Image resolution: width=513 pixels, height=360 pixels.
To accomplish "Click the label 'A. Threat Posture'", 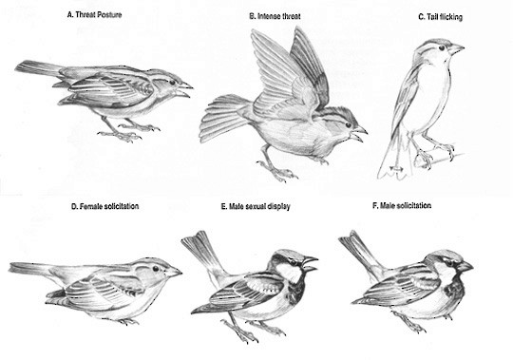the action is [x=94, y=14].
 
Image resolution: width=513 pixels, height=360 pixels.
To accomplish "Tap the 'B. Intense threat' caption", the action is [x=275, y=16].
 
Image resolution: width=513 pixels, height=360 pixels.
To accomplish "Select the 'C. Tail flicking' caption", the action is [x=441, y=17].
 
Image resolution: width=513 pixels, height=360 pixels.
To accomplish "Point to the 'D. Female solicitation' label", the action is [x=105, y=206].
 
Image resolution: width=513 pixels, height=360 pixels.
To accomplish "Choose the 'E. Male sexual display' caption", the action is [x=256, y=206].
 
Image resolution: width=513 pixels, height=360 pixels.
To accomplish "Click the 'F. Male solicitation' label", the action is [x=402, y=205].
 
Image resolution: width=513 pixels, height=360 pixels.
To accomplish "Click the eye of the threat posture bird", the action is [x=172, y=82].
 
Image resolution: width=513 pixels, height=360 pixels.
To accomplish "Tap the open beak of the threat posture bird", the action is [x=185, y=89].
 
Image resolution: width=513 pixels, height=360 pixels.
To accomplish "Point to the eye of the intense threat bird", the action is [x=348, y=124].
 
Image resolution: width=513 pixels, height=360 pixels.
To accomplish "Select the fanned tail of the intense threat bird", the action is [x=221, y=118].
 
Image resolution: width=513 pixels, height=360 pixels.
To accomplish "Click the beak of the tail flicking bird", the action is [x=456, y=49].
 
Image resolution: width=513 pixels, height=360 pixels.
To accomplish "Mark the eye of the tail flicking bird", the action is [x=442, y=47].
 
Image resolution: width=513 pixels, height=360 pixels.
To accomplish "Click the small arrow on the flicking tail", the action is [x=396, y=169].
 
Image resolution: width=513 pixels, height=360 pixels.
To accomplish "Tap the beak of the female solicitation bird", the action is [x=174, y=272].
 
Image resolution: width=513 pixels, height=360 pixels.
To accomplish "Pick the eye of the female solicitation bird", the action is [x=156, y=269].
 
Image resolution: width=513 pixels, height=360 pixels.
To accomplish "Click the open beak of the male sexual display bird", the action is [x=310, y=264].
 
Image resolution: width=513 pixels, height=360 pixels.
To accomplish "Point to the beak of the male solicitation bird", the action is [x=465, y=266].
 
